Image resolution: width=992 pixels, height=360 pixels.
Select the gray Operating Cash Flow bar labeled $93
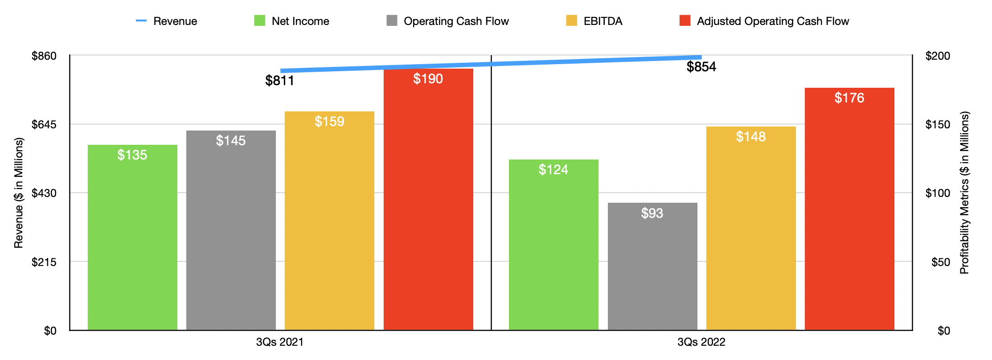[652, 267]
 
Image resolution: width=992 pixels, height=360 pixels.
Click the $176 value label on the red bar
[849, 98]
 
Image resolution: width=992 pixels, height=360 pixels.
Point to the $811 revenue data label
[279, 81]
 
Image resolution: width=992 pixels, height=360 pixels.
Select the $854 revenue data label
[701, 67]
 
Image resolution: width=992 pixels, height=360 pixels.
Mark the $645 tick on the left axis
[44, 124]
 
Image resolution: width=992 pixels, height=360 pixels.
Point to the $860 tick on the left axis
[44, 56]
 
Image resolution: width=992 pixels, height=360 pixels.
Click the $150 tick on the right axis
[938, 124]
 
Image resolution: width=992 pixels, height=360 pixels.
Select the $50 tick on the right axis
[940, 262]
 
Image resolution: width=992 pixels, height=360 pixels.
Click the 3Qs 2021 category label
[279, 342]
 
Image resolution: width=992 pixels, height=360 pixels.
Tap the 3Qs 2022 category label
[701, 342]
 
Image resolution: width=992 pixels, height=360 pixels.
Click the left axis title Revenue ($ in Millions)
[18, 192]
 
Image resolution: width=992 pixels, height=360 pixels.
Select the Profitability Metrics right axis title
[964, 192]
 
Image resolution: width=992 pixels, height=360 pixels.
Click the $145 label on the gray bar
[230, 141]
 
